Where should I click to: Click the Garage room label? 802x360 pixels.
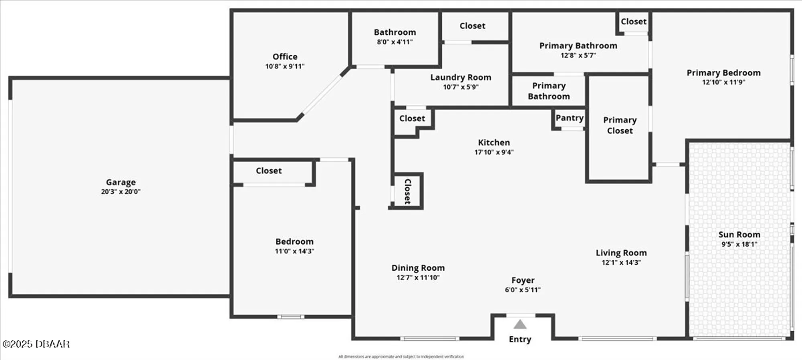coord(121,182)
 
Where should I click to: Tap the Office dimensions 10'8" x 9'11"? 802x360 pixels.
coord(285,67)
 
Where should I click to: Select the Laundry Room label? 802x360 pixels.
coord(461,77)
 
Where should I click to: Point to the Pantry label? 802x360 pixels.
coord(569,118)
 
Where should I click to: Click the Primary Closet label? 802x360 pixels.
coord(620,125)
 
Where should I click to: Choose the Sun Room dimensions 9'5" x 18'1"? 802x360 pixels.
coord(739,244)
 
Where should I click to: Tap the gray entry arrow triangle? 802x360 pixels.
coord(520,324)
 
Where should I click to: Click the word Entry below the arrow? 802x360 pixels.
coord(520,339)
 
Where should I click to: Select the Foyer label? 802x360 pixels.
coord(523,280)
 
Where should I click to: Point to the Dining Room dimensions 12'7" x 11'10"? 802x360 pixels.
coord(418,277)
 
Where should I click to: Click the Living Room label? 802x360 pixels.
coord(621,253)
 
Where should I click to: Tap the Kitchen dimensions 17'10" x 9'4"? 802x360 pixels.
coord(494,152)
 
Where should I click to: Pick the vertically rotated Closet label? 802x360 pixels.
coord(407,191)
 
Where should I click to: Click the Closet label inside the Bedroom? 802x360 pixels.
coord(269,171)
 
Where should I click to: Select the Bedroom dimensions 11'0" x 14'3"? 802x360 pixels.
coord(294,251)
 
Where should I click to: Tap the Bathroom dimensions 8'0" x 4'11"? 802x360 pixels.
coord(395,42)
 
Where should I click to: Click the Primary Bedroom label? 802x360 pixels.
coord(723,73)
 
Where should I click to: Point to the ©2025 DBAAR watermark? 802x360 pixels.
coord(36,344)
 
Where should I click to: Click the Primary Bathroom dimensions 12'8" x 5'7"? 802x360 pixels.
coord(578,56)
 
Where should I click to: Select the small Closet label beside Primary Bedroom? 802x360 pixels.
coord(634,22)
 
